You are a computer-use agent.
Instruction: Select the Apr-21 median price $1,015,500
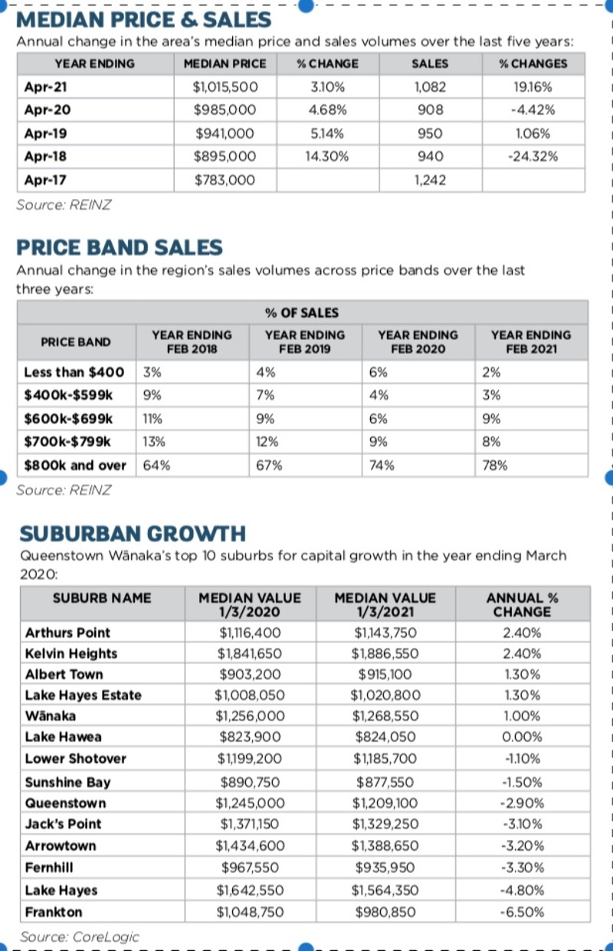(225, 87)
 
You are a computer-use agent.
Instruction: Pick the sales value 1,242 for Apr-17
(430, 181)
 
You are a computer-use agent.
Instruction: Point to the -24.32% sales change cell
(533, 157)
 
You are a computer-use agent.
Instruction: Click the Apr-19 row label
(45, 134)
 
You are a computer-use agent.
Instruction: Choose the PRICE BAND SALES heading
(120, 248)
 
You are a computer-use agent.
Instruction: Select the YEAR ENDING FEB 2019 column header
(305, 342)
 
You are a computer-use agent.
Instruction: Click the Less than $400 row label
(74, 372)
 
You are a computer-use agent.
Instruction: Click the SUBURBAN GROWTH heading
(133, 534)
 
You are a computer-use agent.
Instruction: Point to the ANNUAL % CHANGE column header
(522, 604)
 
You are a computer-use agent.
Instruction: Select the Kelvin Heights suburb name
(71, 653)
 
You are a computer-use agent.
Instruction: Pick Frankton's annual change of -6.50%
(522, 912)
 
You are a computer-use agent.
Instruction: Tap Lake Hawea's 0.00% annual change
(522, 737)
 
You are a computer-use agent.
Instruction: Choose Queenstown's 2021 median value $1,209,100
(385, 803)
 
